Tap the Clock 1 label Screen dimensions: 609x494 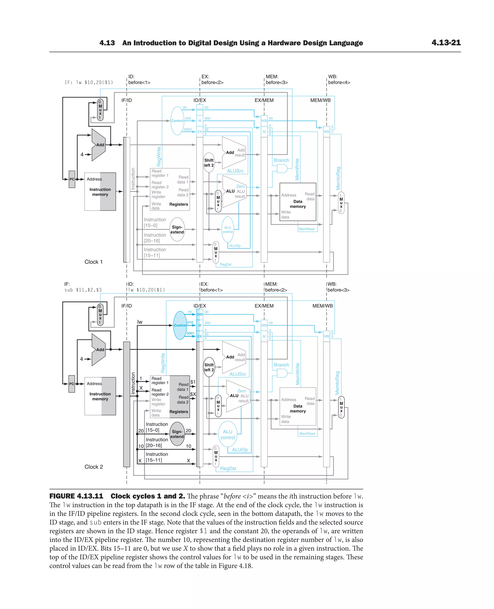93,262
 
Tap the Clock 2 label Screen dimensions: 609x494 94,467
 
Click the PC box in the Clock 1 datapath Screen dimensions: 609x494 72,179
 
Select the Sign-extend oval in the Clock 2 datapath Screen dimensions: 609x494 177,434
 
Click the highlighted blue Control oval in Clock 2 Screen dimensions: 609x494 180,325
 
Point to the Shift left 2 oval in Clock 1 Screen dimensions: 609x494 209,163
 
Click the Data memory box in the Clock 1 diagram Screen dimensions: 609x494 298,202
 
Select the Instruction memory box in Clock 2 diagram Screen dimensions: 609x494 100,396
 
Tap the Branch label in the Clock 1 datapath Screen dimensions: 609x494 281,160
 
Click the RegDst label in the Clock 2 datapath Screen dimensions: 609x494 228,468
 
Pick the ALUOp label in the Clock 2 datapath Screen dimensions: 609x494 240,450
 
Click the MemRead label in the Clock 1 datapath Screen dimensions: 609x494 307,229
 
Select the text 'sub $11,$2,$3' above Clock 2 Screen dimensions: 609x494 83,290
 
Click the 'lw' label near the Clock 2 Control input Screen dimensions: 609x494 140,322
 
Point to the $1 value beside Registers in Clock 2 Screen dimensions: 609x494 193,382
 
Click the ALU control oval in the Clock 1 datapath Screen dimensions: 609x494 228,229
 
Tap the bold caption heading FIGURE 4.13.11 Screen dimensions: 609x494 76,496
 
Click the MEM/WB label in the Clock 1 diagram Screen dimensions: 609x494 320,100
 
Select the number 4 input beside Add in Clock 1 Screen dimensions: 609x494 82,155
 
